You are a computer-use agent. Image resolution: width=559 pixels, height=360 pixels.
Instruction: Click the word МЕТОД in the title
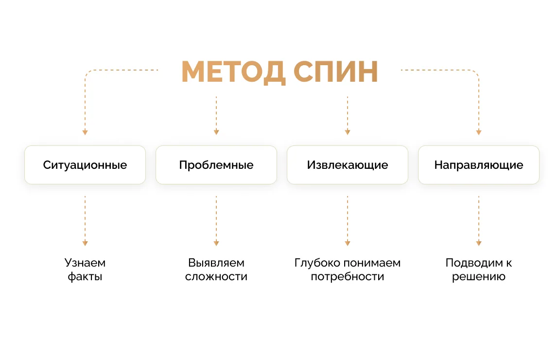[x=233, y=72]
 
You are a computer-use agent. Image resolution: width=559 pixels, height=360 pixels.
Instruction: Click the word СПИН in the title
[x=335, y=72]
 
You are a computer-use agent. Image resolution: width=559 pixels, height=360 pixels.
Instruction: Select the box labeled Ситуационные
[x=85, y=165]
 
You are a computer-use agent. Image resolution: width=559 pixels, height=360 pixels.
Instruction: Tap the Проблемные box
[x=216, y=165]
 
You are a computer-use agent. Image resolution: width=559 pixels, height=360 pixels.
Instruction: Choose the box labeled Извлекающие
[x=348, y=165]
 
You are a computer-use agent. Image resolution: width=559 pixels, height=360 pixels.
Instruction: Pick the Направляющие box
[x=479, y=165]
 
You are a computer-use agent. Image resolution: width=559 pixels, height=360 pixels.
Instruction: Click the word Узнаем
[x=85, y=263]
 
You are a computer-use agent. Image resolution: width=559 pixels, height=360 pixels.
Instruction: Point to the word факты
[x=85, y=276]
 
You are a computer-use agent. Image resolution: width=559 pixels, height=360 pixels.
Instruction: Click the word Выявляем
[x=216, y=263]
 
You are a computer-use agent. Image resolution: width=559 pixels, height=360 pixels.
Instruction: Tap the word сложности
[x=216, y=276]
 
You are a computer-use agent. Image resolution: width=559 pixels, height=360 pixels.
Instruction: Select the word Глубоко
[x=317, y=263]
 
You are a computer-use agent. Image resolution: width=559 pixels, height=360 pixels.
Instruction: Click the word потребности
[x=348, y=276]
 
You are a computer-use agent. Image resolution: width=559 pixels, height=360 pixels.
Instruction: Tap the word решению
[x=479, y=276]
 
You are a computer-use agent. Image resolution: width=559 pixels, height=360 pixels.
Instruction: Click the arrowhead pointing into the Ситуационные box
[x=85, y=132]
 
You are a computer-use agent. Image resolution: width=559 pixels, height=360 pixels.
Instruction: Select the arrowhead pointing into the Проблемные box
[x=216, y=132]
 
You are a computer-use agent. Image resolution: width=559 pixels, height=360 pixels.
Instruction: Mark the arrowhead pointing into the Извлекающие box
[x=348, y=132]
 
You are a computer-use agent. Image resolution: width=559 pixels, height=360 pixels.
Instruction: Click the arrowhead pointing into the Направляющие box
[x=479, y=132]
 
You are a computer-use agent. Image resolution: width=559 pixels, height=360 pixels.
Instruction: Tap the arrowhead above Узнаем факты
[x=85, y=243]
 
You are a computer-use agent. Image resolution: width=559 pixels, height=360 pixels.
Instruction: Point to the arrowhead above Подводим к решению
[x=479, y=243]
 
